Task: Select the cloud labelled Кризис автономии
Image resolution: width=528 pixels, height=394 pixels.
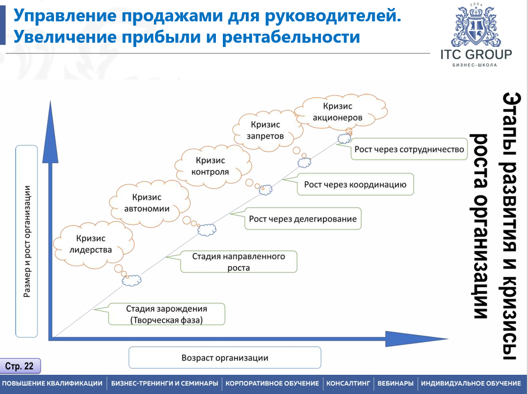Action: pyautogui.click(x=146, y=203)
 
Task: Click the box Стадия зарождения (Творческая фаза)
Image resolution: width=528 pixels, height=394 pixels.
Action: pyautogui.click(x=166, y=314)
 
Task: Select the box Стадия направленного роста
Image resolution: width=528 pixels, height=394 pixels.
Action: pyautogui.click(x=238, y=262)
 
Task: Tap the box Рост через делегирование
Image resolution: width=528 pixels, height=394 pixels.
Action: pyautogui.click(x=302, y=219)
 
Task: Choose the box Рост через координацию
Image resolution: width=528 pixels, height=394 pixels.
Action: pyautogui.click(x=355, y=185)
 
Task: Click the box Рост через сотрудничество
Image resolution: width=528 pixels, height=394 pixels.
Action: pyautogui.click(x=409, y=149)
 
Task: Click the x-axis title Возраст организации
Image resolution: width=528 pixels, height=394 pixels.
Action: pyautogui.click(x=224, y=358)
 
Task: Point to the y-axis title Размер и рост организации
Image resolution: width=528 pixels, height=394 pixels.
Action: pyautogui.click(x=27, y=241)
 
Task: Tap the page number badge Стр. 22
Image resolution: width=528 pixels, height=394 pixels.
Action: pyautogui.click(x=20, y=366)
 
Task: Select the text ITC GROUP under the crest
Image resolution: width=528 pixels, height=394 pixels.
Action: pyautogui.click(x=476, y=54)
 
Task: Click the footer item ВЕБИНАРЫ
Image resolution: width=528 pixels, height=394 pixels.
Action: pyautogui.click(x=395, y=383)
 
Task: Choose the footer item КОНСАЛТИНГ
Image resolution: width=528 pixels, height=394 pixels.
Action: pyautogui.click(x=348, y=383)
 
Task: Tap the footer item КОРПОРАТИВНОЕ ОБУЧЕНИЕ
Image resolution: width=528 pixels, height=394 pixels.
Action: pyautogui.click(x=272, y=383)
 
